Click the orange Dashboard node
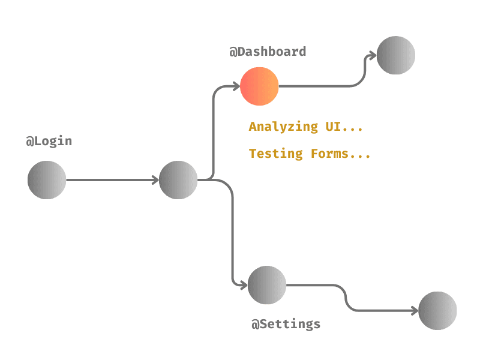[259, 86]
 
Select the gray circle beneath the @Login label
[47, 180]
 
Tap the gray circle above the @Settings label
[267, 285]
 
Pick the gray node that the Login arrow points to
[178, 180]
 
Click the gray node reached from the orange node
[396, 55]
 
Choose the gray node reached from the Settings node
[437, 311]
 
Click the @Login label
[49, 142]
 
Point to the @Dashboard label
[268, 52]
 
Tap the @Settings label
[286, 324]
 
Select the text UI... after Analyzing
[344, 127]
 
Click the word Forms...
[329, 154]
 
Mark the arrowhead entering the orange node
[236, 86]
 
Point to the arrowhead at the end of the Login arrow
[155, 180]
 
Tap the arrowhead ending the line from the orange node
[373, 56]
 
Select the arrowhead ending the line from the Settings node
[414, 311]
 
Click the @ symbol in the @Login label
[29, 142]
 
